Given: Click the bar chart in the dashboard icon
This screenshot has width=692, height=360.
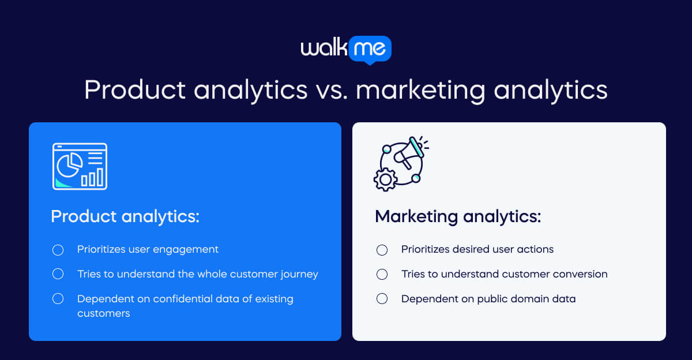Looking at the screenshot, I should [92, 177].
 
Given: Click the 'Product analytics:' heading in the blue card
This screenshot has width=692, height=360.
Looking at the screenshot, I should [125, 216].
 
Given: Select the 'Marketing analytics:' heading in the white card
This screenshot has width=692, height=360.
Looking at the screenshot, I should [458, 216].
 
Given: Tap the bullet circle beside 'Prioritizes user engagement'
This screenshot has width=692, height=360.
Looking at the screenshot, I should [58, 250].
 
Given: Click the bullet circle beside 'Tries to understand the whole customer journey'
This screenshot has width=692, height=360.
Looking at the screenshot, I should [58, 274].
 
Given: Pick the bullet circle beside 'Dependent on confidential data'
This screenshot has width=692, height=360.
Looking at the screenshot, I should [58, 299].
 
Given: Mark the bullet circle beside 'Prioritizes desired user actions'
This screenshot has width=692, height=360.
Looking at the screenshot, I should [382, 250].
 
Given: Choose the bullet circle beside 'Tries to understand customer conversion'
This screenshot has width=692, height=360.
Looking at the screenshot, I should [382, 275].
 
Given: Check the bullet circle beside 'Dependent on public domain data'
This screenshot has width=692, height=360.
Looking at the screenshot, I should [382, 299].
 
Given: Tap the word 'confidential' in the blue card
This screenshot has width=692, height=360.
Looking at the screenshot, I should [178, 299].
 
